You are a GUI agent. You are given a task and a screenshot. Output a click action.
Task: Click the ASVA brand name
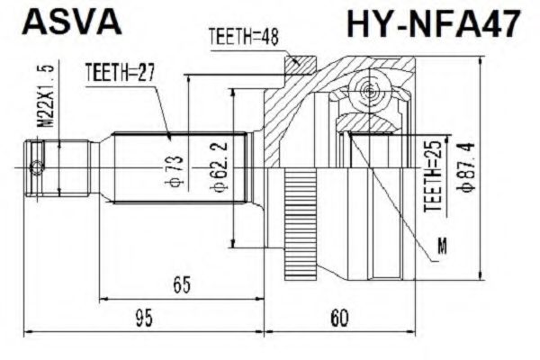pyautogui.click(x=68, y=22)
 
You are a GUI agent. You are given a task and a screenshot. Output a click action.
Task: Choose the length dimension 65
pyautogui.click(x=182, y=286)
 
